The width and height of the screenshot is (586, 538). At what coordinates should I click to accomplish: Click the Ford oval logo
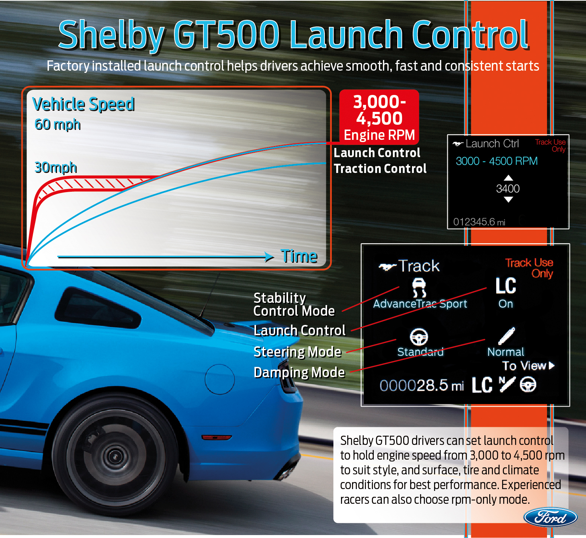(x=550, y=517)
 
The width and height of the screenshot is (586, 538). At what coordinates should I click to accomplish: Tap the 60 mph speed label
(x=57, y=124)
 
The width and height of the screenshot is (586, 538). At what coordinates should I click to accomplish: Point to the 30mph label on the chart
(x=56, y=167)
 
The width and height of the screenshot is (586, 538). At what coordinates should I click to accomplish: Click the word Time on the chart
(x=299, y=256)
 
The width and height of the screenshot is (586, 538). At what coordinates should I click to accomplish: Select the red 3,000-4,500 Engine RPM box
(x=379, y=117)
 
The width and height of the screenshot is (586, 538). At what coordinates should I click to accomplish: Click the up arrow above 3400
(x=508, y=178)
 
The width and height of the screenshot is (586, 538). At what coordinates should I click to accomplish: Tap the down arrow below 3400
(x=508, y=199)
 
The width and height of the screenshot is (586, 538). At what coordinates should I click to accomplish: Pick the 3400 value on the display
(x=508, y=189)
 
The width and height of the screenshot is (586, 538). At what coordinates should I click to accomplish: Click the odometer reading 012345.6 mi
(x=479, y=222)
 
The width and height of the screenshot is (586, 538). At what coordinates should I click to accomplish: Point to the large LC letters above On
(x=506, y=286)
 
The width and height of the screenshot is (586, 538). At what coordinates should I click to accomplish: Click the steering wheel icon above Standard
(x=419, y=337)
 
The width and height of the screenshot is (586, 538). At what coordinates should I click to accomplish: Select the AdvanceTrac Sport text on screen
(x=420, y=304)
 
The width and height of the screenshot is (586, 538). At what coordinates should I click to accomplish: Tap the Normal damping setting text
(x=505, y=352)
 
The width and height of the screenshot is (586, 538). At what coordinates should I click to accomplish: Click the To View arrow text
(x=528, y=366)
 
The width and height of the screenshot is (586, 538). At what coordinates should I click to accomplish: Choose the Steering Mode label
(x=297, y=352)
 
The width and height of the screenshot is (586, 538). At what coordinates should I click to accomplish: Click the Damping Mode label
(x=299, y=372)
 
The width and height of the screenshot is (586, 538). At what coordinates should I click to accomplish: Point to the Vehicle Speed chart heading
(x=84, y=104)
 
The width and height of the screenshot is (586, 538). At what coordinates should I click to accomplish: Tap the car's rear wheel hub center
(x=116, y=457)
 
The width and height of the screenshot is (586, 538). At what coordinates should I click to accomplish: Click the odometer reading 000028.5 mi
(x=422, y=386)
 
